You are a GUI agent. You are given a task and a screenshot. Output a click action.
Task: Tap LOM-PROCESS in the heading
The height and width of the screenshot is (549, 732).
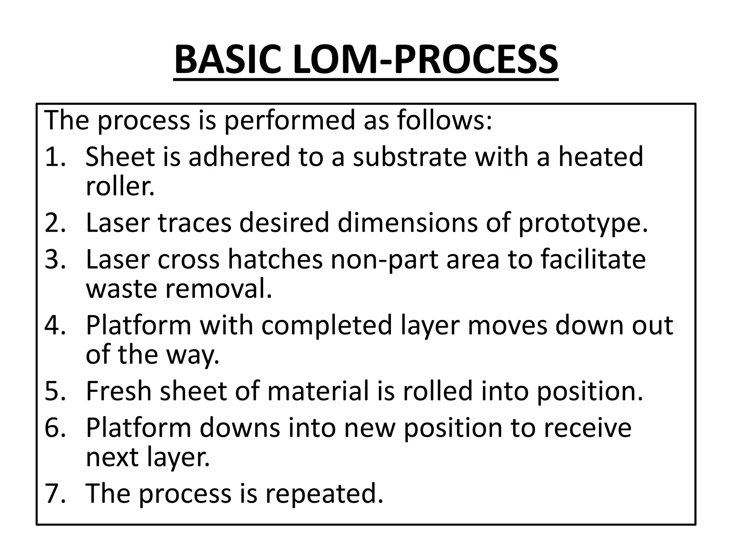(425, 59)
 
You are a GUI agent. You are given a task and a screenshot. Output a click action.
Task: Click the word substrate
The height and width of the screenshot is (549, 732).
(410, 157)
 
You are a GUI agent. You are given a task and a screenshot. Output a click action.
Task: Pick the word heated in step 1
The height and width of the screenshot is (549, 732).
(600, 157)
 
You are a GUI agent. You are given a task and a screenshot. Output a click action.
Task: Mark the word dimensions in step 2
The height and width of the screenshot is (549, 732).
(407, 223)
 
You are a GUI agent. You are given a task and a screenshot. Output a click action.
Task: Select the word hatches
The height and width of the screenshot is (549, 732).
(275, 259)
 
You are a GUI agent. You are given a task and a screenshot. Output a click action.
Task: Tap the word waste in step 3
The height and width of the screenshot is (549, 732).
(122, 289)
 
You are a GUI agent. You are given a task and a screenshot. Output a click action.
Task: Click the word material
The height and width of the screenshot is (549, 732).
(318, 391)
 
